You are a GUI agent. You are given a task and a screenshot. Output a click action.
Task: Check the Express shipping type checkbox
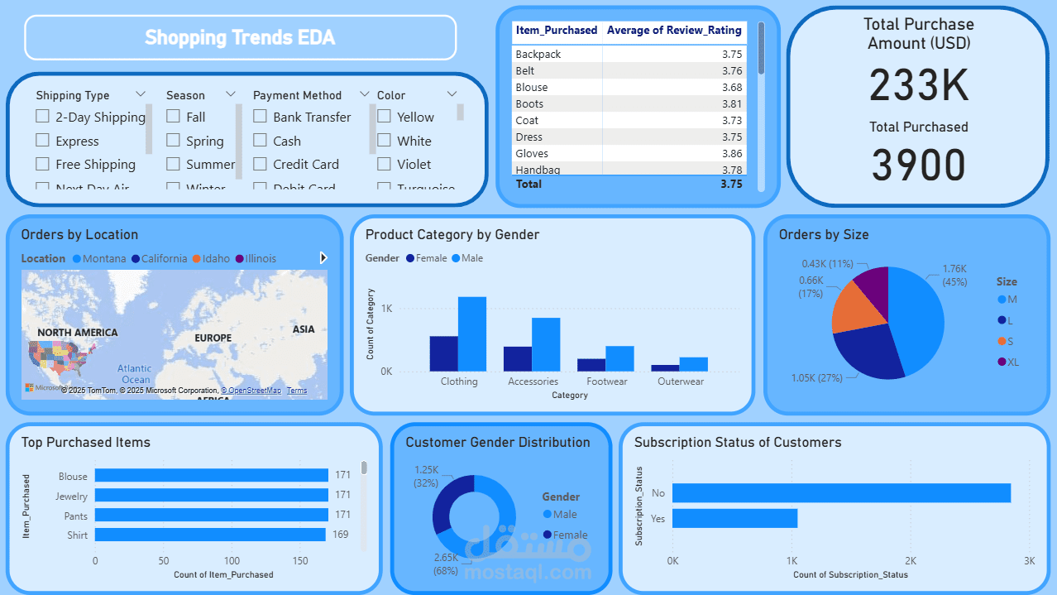tap(42, 141)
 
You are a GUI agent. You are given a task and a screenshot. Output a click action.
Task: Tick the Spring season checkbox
tap(173, 141)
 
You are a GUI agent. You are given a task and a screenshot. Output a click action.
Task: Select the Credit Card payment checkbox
tap(260, 164)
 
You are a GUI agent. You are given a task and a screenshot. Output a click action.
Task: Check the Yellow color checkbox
tap(384, 117)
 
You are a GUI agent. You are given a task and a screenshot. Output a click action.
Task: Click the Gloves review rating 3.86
tap(731, 153)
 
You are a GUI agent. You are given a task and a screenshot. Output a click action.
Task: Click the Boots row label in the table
tap(529, 103)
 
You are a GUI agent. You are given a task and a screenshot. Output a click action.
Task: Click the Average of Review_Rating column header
tap(674, 31)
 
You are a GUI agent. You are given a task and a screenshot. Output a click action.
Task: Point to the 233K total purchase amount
tap(919, 84)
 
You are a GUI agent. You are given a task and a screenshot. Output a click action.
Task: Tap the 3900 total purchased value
tap(919, 165)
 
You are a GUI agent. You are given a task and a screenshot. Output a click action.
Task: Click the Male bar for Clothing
tap(472, 333)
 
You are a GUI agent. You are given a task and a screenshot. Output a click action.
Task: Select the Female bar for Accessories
tap(518, 358)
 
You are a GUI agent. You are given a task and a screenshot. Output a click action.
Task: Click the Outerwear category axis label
tap(681, 381)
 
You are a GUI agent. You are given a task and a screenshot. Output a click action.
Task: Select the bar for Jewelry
tap(211, 496)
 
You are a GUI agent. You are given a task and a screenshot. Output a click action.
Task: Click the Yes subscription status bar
tap(734, 518)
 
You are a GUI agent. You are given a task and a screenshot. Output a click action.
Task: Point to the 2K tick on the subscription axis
tap(910, 561)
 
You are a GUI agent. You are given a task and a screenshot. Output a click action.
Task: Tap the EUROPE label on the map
tap(213, 338)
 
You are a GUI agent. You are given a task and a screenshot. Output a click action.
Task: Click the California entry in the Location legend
tap(164, 258)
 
